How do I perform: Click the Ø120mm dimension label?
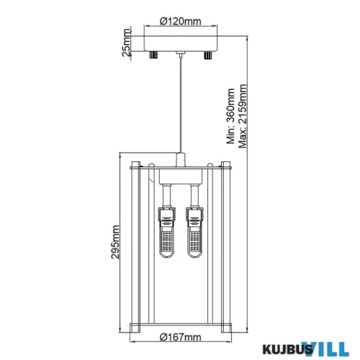[181, 22]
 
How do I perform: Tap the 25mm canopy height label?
[127, 43]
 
